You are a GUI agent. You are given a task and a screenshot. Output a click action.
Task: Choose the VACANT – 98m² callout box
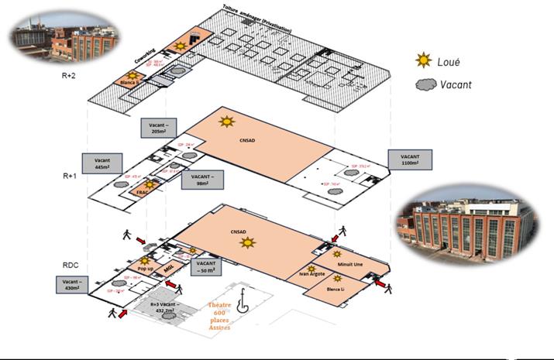click(205, 180)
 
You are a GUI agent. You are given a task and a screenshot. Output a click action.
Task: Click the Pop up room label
click(146, 268)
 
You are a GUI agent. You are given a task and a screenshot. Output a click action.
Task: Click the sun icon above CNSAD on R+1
click(226, 121)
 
